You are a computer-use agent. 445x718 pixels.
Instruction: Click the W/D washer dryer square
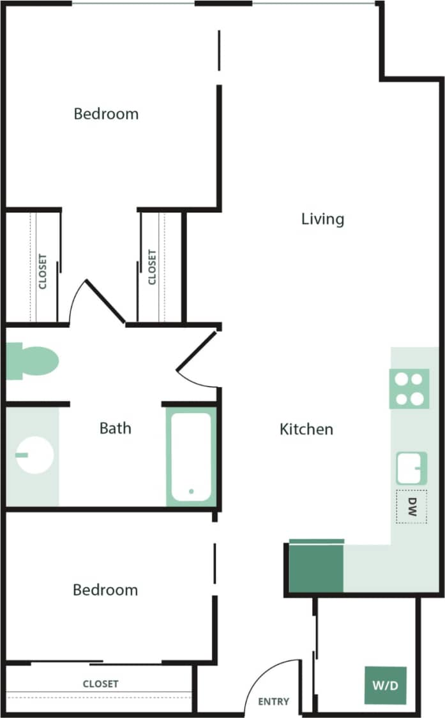[x=385, y=685]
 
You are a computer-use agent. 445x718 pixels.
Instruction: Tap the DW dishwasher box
[x=411, y=507]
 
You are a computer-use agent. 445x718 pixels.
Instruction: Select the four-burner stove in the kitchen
[x=408, y=389]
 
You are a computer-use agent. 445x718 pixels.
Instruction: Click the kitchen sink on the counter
[x=411, y=468]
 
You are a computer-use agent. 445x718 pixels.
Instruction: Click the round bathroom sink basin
[x=34, y=455]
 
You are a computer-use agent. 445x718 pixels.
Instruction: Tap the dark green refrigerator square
[x=316, y=568]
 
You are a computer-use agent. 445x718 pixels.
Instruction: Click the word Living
[x=322, y=219]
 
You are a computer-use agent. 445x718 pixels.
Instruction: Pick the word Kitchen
[x=306, y=429]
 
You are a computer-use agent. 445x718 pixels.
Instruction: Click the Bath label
[x=115, y=428]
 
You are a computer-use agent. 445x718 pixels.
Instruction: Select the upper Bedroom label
[x=106, y=114]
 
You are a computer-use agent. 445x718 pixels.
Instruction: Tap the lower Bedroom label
[x=105, y=590]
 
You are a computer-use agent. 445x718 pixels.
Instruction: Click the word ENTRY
[x=273, y=701]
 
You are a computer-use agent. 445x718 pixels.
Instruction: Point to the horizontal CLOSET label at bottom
[x=101, y=684]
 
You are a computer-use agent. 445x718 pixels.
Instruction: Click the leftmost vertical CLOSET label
[x=43, y=272]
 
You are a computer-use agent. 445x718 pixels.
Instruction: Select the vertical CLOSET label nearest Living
[x=152, y=267]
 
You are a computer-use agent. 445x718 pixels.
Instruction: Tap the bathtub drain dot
[x=190, y=491]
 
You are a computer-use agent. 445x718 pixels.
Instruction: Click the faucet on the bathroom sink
[x=22, y=455]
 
